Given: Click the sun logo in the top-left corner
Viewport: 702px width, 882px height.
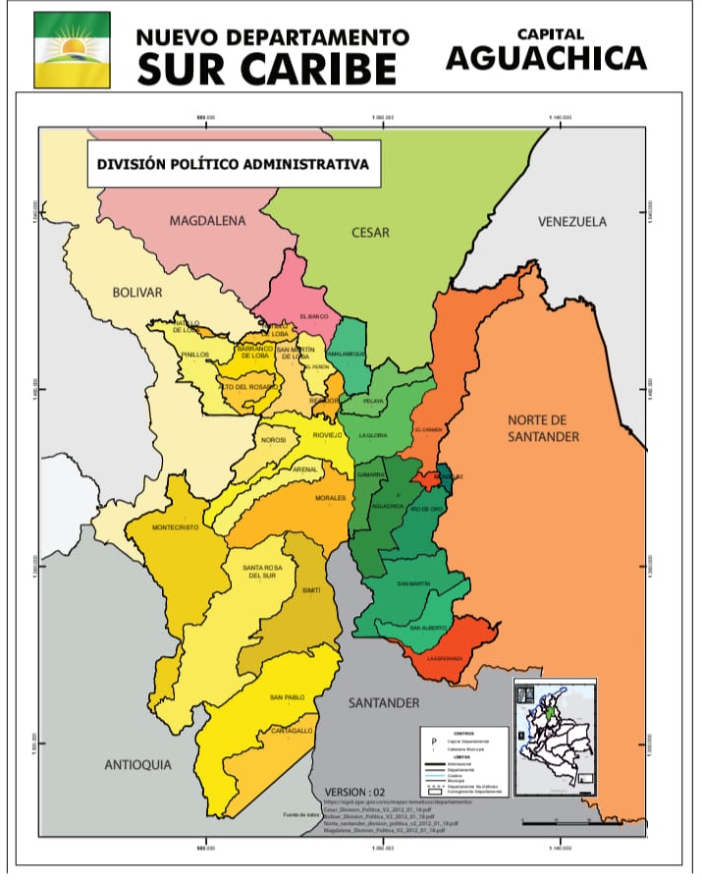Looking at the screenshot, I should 72,50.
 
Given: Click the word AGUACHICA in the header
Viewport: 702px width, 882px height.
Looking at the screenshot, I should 546,59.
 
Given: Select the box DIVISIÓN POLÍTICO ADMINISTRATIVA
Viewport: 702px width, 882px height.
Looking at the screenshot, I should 233,165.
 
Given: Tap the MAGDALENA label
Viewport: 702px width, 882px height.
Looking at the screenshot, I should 207,221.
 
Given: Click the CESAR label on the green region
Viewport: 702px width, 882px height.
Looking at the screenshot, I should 370,233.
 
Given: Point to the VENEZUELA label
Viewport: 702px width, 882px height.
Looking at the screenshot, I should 571,222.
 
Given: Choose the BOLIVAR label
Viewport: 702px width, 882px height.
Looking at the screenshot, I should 136,293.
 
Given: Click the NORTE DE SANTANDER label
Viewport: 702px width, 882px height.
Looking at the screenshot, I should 543,428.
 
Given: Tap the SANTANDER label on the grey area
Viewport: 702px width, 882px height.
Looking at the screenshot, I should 384,703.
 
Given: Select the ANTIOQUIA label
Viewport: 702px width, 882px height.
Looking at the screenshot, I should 137,764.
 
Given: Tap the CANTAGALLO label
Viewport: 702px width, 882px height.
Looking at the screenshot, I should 292,731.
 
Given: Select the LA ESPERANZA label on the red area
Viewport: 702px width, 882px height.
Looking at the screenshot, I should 445,658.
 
